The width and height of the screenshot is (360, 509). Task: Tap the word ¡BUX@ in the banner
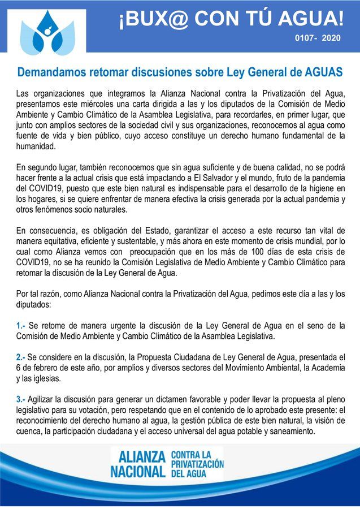(149, 21)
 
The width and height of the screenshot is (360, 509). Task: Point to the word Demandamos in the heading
(51, 73)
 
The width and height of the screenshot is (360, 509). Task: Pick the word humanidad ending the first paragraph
(36, 146)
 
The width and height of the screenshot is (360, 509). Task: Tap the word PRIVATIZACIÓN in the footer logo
(197, 463)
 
